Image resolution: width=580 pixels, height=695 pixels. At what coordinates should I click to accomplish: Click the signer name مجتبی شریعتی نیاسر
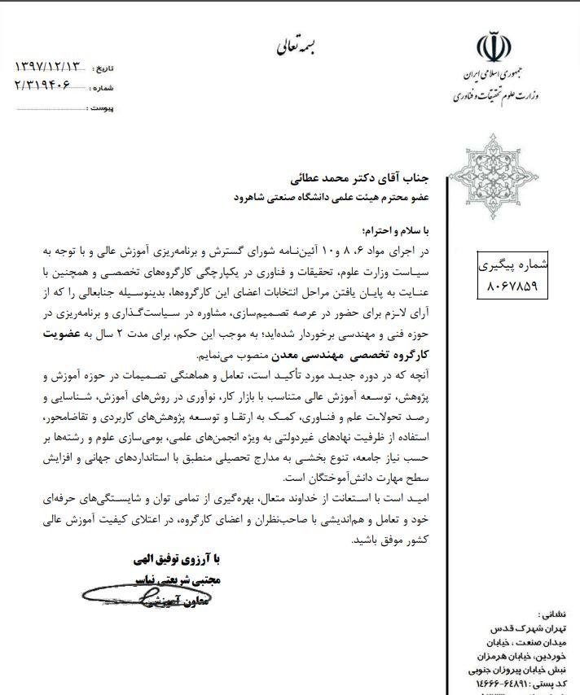pos(184,581)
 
